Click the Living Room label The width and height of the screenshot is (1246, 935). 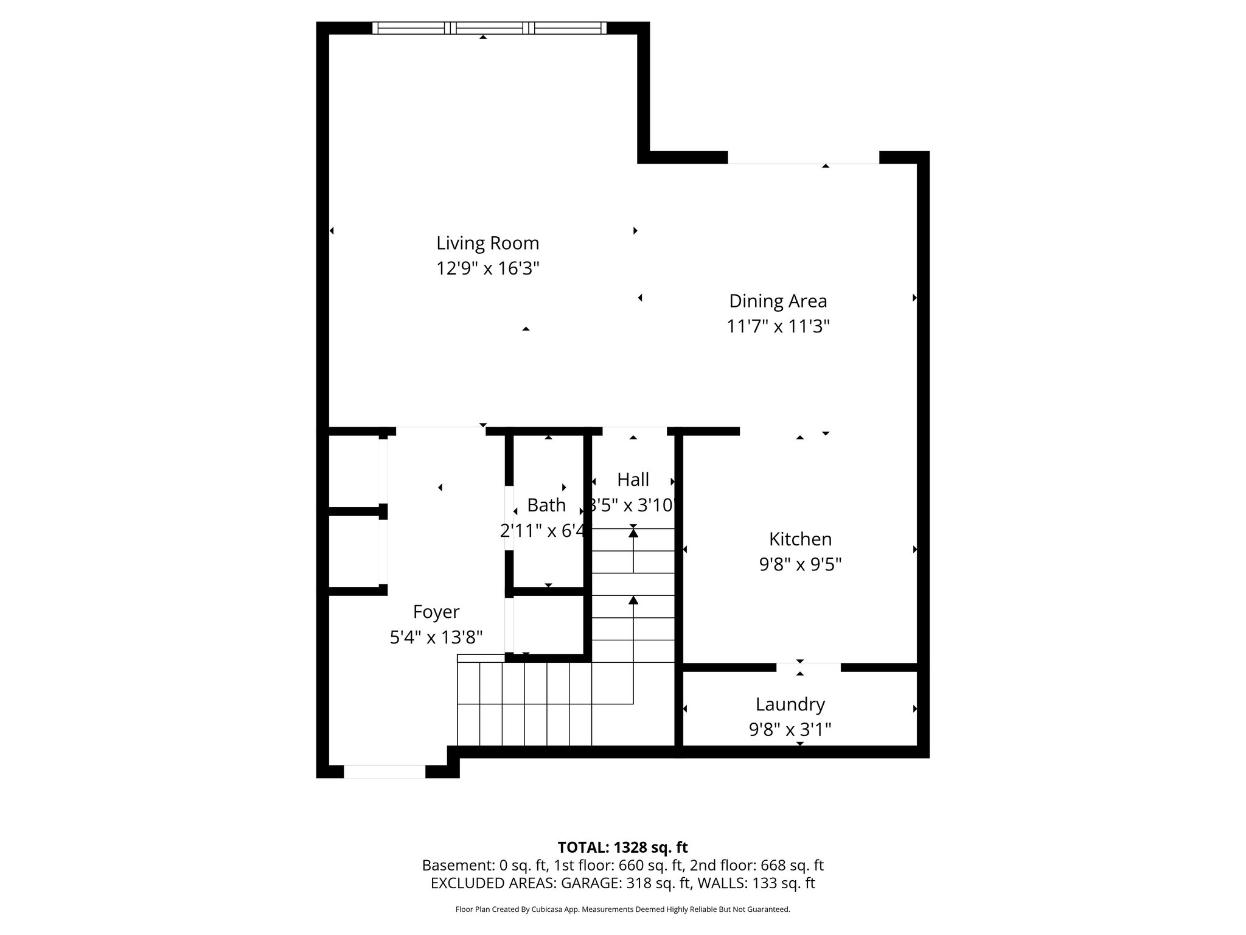(x=487, y=243)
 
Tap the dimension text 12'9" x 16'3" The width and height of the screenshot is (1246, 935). (x=487, y=268)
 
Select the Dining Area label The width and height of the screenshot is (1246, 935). (x=778, y=301)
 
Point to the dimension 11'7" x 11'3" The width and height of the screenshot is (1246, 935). (x=778, y=327)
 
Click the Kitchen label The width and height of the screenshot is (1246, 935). (x=800, y=539)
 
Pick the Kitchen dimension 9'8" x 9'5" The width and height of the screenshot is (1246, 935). (x=800, y=565)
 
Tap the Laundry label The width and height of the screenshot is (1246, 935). (x=790, y=704)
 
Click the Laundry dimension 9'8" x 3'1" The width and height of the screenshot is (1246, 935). (x=790, y=729)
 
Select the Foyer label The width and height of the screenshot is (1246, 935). (x=436, y=612)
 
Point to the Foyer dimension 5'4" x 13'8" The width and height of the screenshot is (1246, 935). (x=436, y=637)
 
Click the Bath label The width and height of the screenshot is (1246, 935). (x=546, y=505)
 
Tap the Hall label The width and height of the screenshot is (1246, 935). (x=633, y=480)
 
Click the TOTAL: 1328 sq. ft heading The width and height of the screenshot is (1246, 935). (x=622, y=847)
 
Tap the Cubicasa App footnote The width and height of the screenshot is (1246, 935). (x=622, y=909)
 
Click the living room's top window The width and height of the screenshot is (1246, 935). (x=489, y=27)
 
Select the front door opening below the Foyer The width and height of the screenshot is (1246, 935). (x=385, y=772)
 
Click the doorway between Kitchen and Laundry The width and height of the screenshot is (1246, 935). (x=808, y=667)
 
